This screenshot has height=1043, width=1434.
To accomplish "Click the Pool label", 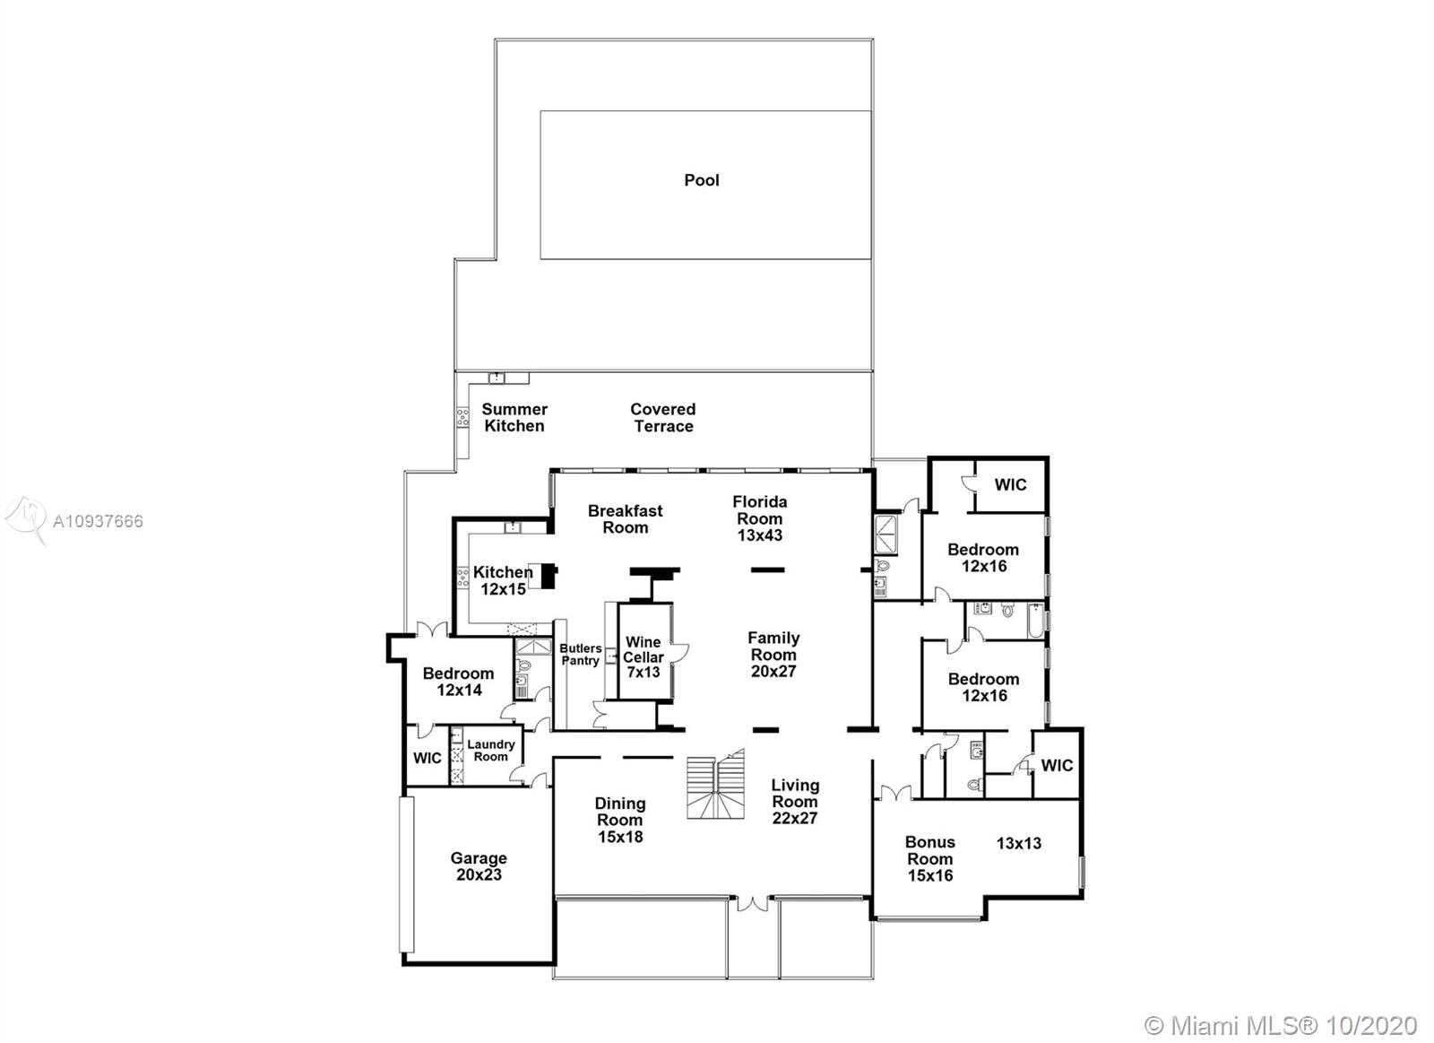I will (702, 180).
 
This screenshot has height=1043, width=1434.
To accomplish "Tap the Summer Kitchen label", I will (514, 418).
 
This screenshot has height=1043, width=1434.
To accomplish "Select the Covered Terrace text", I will (663, 418).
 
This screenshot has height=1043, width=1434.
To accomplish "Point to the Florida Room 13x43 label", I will (760, 518).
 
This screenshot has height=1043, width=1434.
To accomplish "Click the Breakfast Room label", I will (626, 519).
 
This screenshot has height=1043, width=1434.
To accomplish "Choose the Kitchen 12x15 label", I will (503, 580).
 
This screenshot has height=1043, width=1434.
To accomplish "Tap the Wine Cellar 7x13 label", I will (644, 656).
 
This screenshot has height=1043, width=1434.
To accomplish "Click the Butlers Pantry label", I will (581, 655).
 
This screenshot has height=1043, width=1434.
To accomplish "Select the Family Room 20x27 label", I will (773, 655).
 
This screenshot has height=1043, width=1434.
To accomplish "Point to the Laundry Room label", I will (491, 751).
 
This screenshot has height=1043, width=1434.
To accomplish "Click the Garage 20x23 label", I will (479, 866).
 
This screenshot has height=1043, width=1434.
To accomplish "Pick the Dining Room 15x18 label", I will (620, 820).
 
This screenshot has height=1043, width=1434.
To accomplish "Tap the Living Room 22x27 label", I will (795, 802).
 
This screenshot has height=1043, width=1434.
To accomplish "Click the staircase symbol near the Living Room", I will (716, 786).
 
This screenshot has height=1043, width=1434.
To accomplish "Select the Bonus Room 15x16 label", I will (930, 858).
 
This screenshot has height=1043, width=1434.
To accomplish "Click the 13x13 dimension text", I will (1019, 843).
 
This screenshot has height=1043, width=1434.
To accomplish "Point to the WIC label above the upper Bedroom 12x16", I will (1011, 485).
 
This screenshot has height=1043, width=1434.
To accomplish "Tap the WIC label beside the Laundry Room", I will (428, 759).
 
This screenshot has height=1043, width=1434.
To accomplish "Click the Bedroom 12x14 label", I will (459, 682).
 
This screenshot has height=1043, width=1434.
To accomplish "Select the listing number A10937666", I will (98, 521).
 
